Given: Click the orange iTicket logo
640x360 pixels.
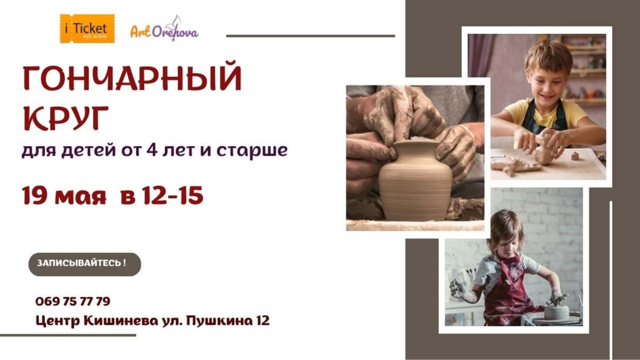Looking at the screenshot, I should coord(87,29).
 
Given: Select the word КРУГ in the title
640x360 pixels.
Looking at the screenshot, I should coord(66,118).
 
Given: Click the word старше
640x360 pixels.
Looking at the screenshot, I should coord(252,150).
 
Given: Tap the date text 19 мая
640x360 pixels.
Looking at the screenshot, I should coord(64,196).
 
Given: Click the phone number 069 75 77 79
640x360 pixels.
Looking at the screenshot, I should coord(73,301).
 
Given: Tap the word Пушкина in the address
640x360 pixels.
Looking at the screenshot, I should coord(217,320).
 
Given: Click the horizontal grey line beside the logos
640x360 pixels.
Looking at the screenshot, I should coord(310,36).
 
